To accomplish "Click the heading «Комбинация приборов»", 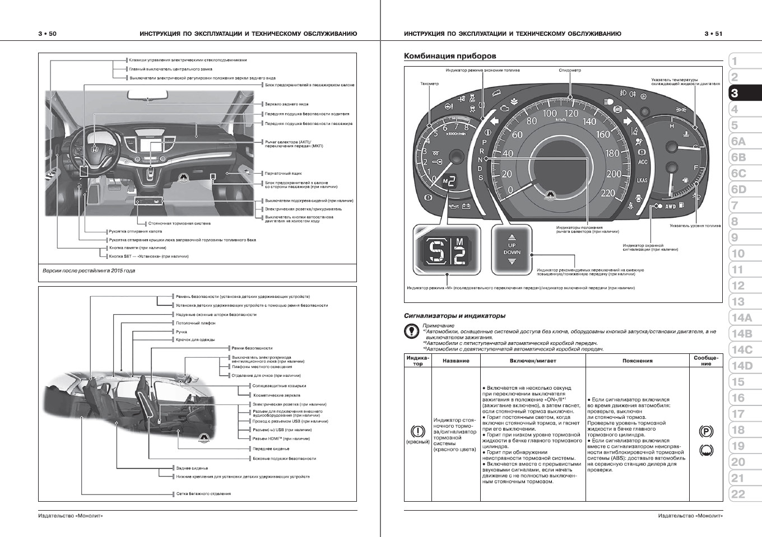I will point(449,56).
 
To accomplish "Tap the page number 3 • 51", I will point(713,34).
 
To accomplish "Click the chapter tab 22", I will point(738,494).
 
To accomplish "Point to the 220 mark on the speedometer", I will point(607,193).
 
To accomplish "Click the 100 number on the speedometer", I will point(550,114).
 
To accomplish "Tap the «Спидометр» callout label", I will point(569,71).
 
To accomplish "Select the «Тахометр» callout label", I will point(429,84).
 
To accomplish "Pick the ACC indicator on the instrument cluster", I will point(643,162).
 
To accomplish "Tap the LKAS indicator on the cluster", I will point(642,180).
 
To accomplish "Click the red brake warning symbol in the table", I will point(417,432).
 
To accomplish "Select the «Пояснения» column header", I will point(637,361).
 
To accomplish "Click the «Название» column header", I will point(456,361).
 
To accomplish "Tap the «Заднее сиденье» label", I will point(192,468).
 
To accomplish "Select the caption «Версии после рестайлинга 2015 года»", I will point(89,270).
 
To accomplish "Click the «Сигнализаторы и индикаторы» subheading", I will point(454,316).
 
